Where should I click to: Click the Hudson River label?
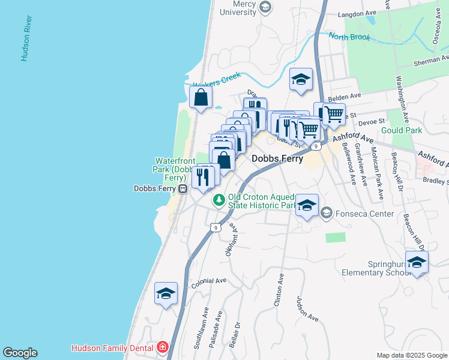click(x=25, y=38)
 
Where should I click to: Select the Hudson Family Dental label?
click(x=112, y=347)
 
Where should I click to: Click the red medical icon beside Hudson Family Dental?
click(x=161, y=347)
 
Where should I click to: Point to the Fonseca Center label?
click(x=364, y=212)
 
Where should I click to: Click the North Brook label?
click(x=347, y=37)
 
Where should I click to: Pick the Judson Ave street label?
click(x=308, y=308)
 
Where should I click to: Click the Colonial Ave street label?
click(x=208, y=282)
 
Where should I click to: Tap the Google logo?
click(x=20, y=353)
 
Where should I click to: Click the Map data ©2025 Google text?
click(x=411, y=355)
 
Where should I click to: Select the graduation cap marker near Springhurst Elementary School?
click(x=417, y=262)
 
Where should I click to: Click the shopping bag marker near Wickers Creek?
click(x=201, y=97)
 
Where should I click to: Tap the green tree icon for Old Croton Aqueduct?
click(x=220, y=199)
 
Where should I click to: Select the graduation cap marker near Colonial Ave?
click(x=166, y=293)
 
